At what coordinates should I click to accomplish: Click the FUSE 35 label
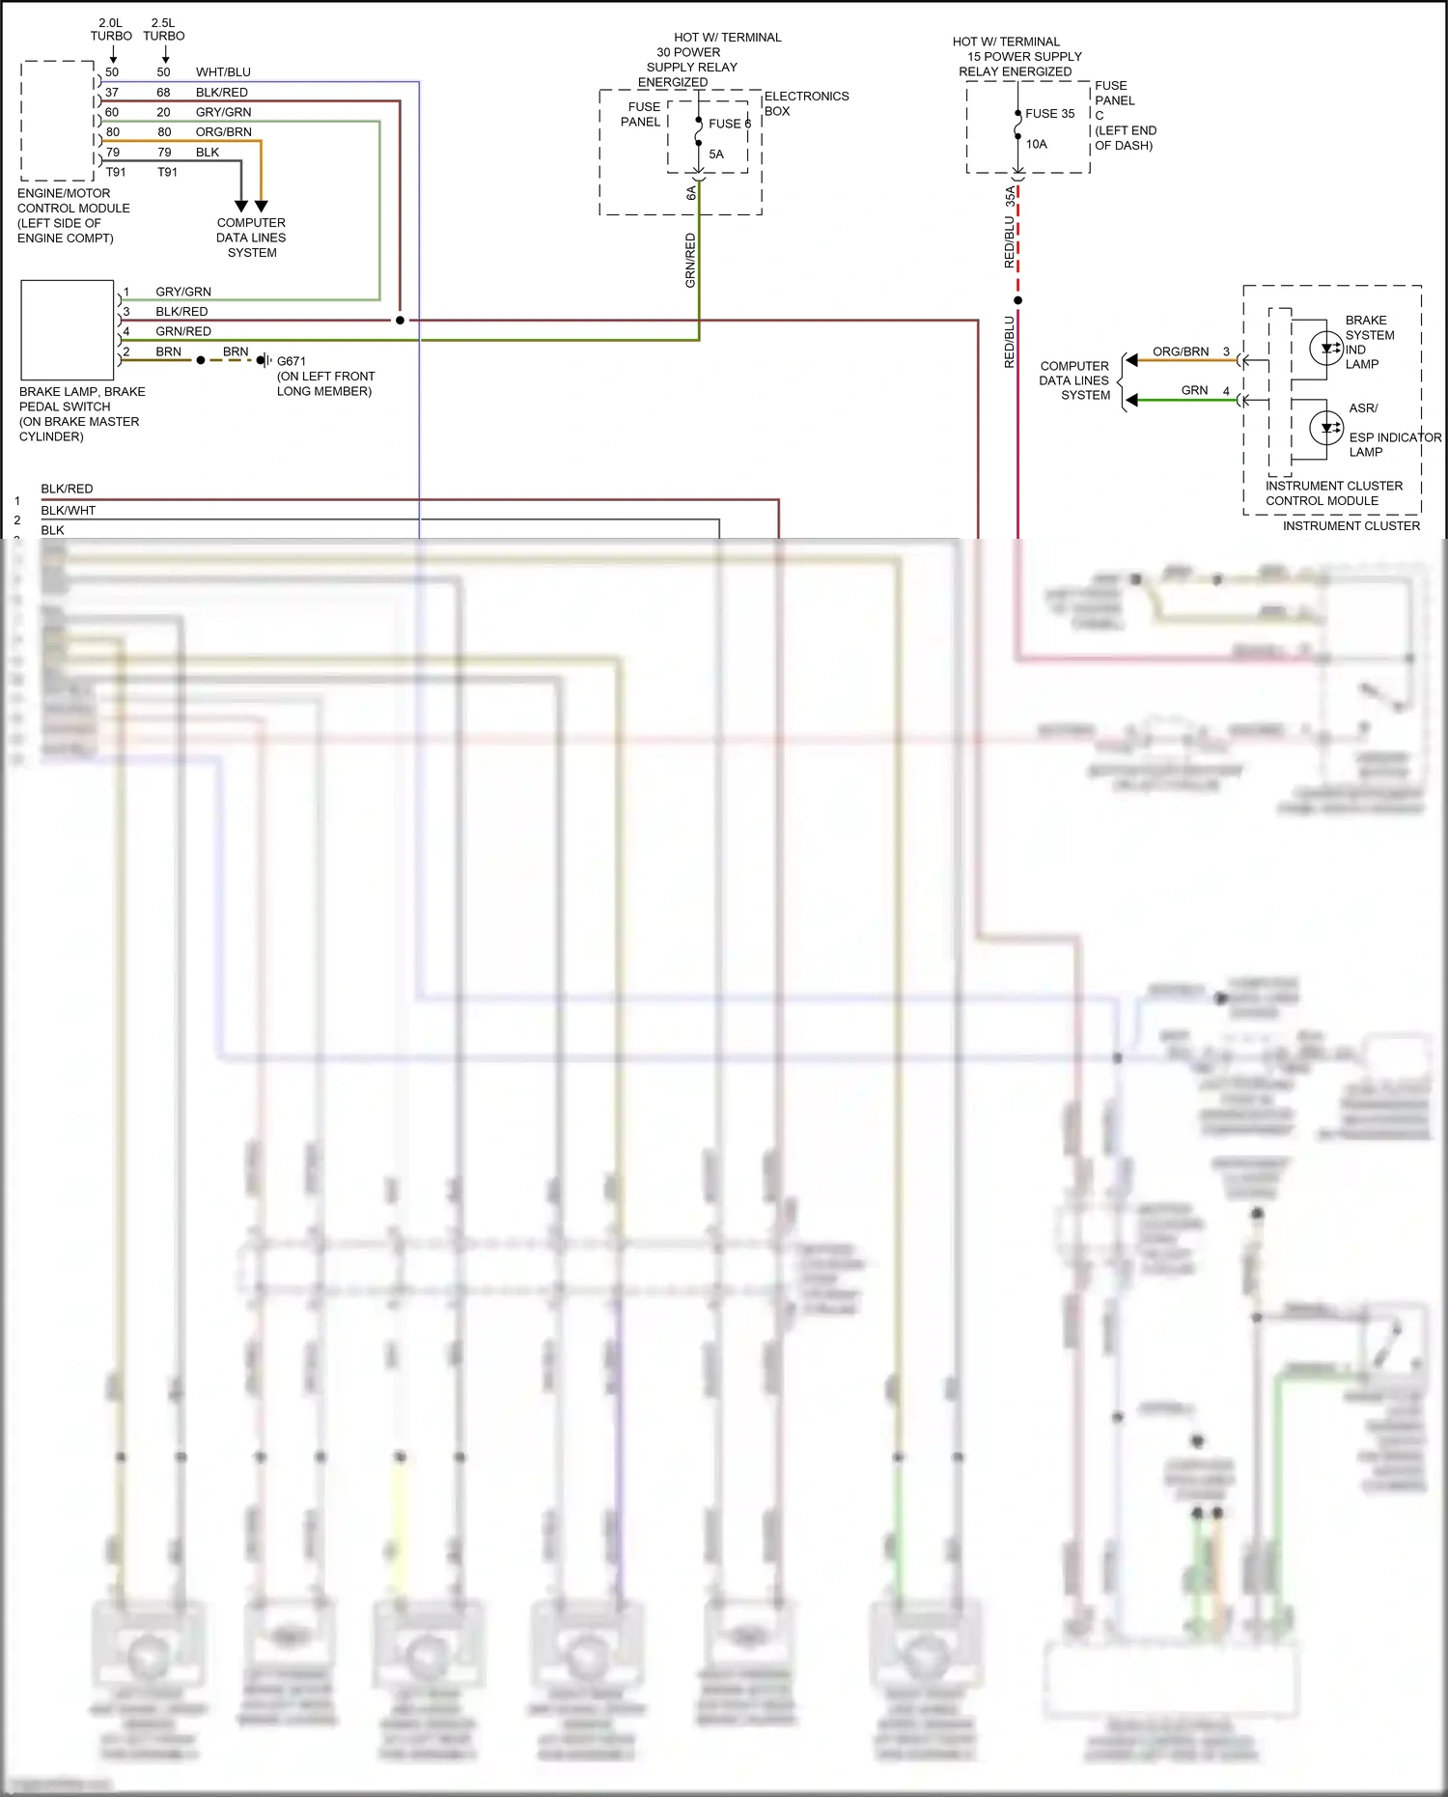pos(1049,114)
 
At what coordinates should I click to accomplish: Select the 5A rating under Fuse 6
pos(715,154)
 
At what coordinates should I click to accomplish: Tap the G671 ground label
pos(291,361)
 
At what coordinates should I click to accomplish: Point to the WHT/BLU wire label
pos(223,72)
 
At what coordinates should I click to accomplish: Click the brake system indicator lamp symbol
pos(1326,348)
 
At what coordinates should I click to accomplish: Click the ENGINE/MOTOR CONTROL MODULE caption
pos(73,215)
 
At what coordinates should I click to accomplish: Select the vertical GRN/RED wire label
pos(690,260)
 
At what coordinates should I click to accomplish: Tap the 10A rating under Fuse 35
pos(1036,145)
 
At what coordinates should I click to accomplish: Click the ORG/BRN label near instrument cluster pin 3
pos(1180,351)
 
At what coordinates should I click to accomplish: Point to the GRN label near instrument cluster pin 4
pos(1194,390)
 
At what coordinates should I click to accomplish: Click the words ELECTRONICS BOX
pos(805,103)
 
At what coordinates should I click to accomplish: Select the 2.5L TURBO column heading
pos(163,29)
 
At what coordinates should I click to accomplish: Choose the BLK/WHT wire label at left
pos(68,510)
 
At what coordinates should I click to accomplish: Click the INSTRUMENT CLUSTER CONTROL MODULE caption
pos(1333,493)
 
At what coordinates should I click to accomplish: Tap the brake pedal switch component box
pos(68,330)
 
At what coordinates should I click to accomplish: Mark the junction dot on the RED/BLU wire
pos(1017,300)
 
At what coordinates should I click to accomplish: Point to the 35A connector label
pos(1010,197)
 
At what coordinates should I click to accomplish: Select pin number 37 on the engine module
pos(112,93)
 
